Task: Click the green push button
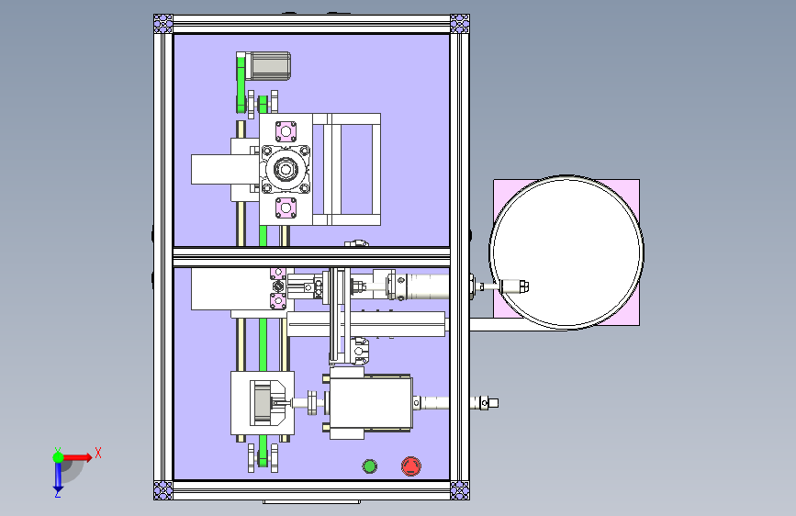point(370,466)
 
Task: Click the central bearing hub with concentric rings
point(285,169)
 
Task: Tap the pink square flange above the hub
point(285,129)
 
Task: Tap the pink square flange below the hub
point(285,208)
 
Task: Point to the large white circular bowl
point(566,252)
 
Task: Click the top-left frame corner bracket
point(163,24)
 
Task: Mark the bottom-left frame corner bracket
point(163,489)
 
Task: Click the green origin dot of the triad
point(58,456)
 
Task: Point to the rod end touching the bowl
point(516,286)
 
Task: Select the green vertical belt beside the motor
point(241,84)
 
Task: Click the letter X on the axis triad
point(97,453)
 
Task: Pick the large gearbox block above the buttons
point(371,402)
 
